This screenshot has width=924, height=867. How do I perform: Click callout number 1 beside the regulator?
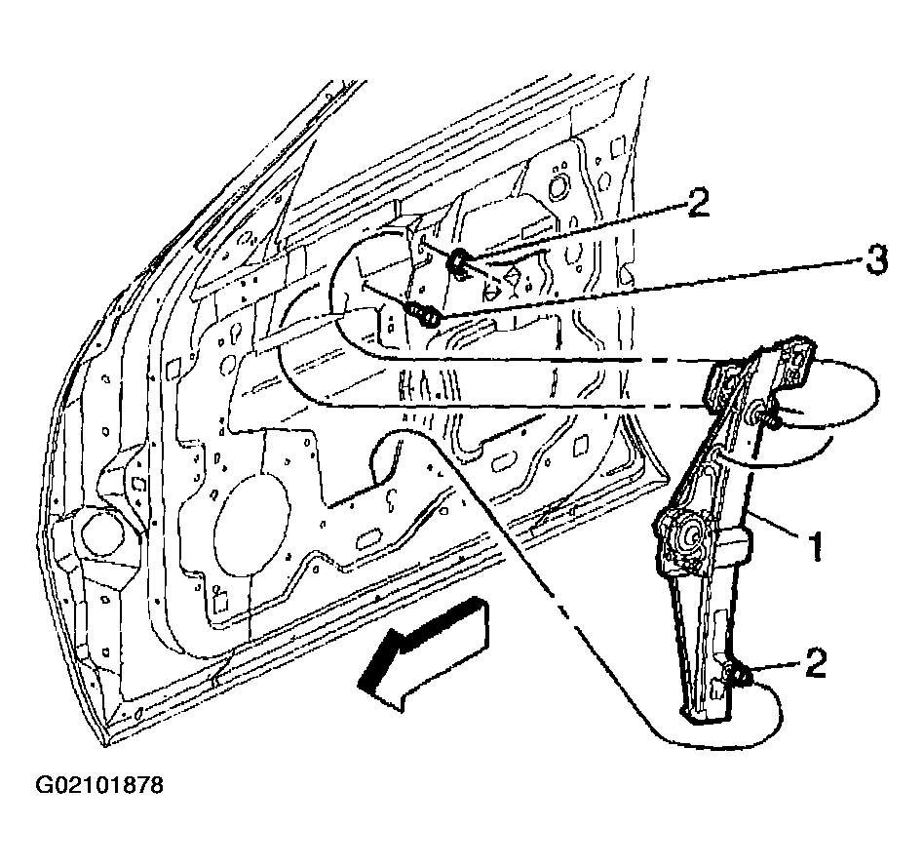pyautogui.click(x=816, y=546)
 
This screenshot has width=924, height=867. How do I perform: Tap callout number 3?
pyautogui.click(x=877, y=259)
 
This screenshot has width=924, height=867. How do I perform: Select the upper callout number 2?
pyautogui.click(x=698, y=204)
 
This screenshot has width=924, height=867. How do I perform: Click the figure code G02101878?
pyautogui.click(x=99, y=786)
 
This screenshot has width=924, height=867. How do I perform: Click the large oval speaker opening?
pyautogui.click(x=251, y=526)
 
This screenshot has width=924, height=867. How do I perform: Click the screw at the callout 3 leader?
pyautogui.click(x=423, y=313)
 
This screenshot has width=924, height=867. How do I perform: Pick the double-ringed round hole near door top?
pyautogui.click(x=557, y=185)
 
